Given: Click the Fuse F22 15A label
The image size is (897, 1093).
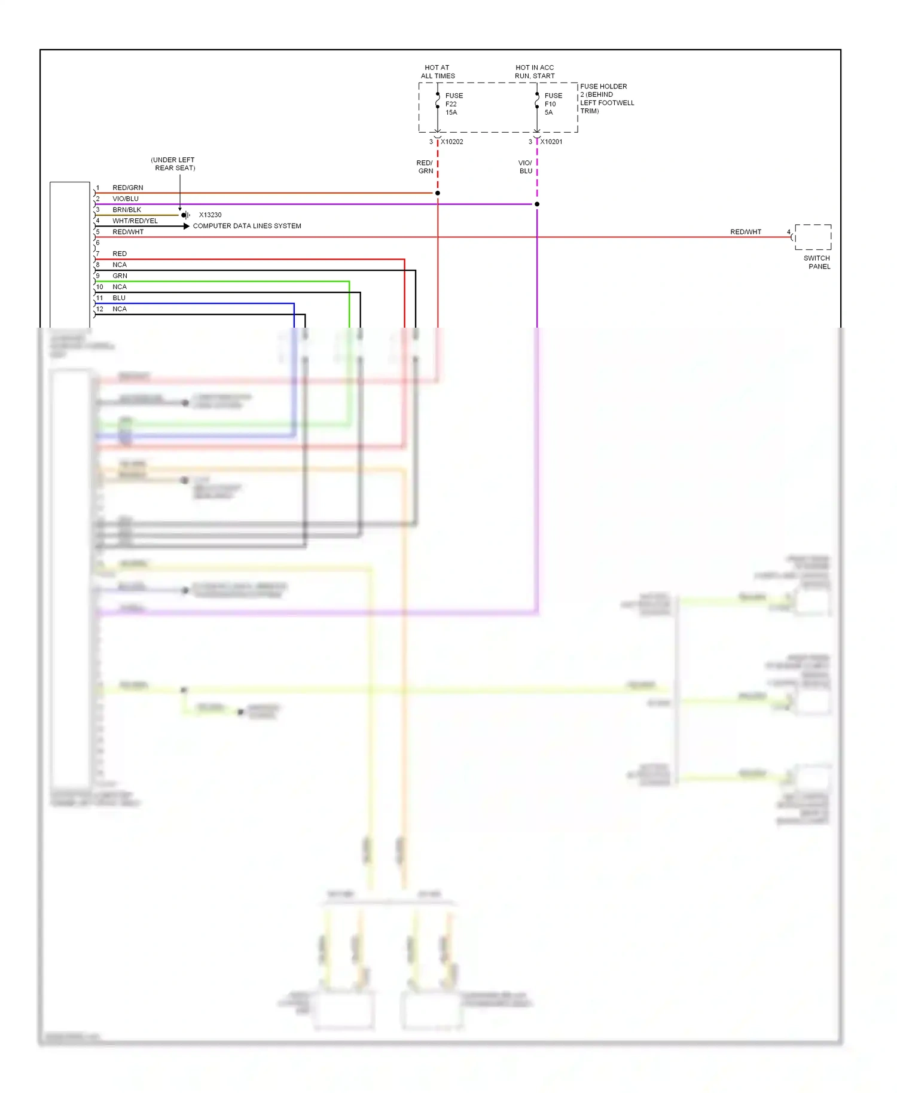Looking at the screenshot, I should (453, 104).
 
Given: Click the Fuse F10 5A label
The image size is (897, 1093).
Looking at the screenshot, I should (553, 104).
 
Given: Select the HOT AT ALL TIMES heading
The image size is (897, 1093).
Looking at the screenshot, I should (438, 72).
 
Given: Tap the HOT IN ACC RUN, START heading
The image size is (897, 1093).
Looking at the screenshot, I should (535, 72).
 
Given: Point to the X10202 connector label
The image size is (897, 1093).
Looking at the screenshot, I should (451, 142).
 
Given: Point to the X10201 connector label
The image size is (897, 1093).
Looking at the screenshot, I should (551, 142).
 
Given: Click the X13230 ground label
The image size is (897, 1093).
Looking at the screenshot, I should (210, 215).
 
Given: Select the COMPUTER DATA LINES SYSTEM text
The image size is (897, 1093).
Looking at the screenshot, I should (247, 226).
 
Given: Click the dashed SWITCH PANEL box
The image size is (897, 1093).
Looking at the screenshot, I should (813, 237).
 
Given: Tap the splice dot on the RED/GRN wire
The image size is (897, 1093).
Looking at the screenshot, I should (438, 193).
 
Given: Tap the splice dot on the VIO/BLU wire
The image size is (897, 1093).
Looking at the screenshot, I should (537, 204).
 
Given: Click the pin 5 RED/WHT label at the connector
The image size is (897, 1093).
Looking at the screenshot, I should (128, 232).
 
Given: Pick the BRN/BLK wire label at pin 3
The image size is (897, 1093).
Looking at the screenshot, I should (127, 210).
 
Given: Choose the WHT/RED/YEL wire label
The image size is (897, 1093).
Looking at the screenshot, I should (135, 221).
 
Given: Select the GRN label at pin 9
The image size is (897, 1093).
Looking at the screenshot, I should (120, 276).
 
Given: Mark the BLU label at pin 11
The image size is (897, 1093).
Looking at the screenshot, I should (119, 298).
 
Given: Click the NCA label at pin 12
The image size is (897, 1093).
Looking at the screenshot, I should (120, 309).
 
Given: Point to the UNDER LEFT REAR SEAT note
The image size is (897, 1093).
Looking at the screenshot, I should (173, 164).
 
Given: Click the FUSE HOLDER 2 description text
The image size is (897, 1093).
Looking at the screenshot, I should (606, 99).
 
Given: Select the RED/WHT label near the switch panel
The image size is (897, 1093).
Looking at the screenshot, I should (745, 232).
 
